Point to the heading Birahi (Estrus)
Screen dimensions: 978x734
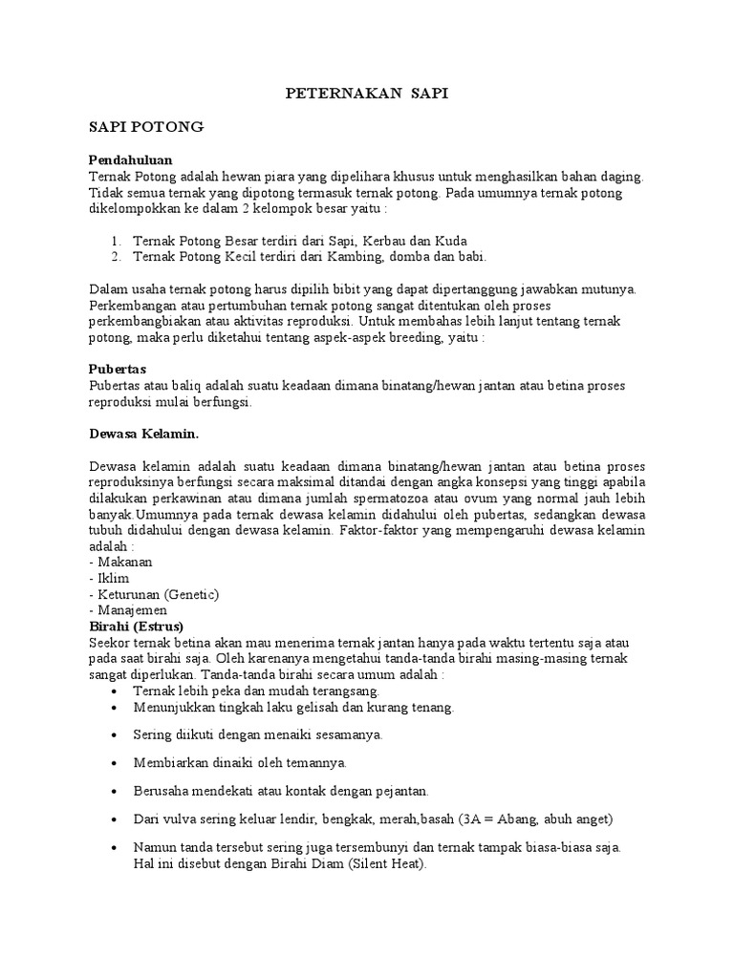pyautogui.click(x=134, y=625)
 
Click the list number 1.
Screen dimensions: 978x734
pyautogui.click(x=114, y=240)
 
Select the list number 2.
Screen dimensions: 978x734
pyautogui.click(x=115, y=256)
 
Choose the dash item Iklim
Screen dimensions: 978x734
pyautogui.click(x=111, y=578)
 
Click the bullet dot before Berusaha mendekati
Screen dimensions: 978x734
pyautogui.click(x=115, y=792)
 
